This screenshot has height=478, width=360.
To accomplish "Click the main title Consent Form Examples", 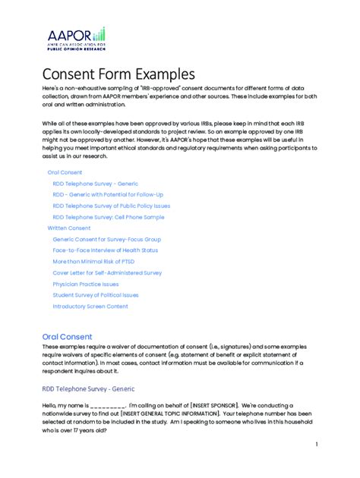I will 118,74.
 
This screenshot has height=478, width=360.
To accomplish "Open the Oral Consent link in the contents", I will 65,172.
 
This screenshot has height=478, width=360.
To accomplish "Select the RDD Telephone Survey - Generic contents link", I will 95,184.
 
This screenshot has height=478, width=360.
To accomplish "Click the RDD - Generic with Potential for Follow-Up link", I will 107,194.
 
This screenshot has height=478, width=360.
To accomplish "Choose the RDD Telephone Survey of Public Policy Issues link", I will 111,206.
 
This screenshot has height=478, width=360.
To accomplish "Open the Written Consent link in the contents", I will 68,228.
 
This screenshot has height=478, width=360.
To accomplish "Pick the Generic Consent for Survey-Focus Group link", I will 106,239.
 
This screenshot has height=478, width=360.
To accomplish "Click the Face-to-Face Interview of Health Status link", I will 105,250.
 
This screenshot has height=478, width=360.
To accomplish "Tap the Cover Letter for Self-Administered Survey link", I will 106,272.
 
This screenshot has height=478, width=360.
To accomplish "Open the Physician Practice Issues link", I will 85,284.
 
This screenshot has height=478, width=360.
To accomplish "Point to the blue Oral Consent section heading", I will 67,336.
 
